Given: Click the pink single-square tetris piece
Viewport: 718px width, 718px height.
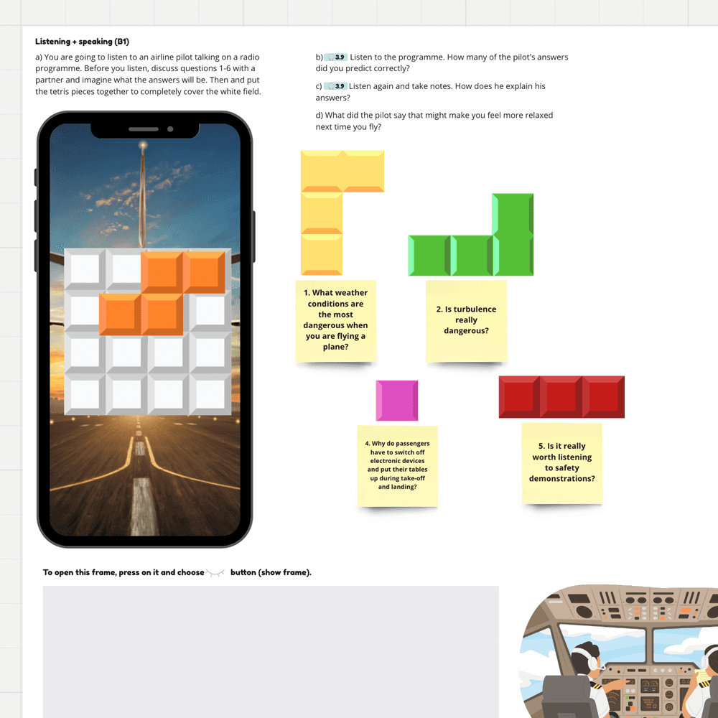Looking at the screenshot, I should (396, 401).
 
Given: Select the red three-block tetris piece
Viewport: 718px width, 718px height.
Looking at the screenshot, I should (561, 397).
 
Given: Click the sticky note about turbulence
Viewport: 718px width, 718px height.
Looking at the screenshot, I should (466, 321).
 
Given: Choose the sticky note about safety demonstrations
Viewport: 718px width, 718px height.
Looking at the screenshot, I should (562, 463).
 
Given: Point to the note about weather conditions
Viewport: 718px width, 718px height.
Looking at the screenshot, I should (335, 320).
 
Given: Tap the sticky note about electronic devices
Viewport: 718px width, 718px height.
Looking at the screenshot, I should (397, 465).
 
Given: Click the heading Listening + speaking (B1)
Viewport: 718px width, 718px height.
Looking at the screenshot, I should (82, 42).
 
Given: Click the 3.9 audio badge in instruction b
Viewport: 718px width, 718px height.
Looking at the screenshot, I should (336, 57).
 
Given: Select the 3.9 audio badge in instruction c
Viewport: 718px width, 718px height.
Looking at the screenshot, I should (336, 86).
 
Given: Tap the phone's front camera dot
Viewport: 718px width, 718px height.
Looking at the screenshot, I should (170, 129).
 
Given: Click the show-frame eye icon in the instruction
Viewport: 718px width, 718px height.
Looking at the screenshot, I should (216, 572).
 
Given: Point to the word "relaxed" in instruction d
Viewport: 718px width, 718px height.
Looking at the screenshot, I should (538, 115).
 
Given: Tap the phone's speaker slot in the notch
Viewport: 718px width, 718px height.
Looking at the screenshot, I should (144, 129).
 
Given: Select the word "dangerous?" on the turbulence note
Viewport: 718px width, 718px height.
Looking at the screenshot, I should (466, 331).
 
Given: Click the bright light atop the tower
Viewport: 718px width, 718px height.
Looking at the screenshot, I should (143, 146).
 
